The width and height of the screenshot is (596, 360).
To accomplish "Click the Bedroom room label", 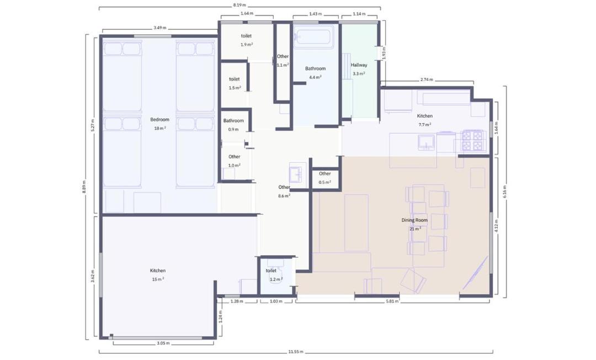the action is pyautogui.click(x=159, y=119).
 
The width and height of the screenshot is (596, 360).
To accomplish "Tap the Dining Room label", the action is pyautogui.click(x=414, y=220).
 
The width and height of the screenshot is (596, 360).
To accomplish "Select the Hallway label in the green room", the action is pyautogui.click(x=359, y=65).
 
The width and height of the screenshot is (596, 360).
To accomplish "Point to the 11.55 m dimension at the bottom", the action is pyautogui.click(x=296, y=352).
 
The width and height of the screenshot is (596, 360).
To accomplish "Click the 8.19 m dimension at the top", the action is pyautogui.click(x=240, y=5).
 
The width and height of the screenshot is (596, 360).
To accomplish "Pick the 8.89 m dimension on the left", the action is pyautogui.click(x=84, y=187).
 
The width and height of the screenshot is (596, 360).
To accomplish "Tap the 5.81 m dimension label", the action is pyautogui.click(x=392, y=301).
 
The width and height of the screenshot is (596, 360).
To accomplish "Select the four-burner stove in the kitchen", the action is pyautogui.click(x=473, y=141).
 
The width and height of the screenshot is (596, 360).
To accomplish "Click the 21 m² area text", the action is pyautogui.click(x=415, y=229).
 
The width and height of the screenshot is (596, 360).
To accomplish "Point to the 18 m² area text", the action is pyautogui.click(x=160, y=128).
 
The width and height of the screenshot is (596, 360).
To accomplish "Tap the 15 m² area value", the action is pyautogui.click(x=158, y=279).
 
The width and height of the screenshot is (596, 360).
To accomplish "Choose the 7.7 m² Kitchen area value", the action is pyautogui.click(x=425, y=125).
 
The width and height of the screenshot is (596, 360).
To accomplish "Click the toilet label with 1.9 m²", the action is pyautogui.click(x=246, y=36).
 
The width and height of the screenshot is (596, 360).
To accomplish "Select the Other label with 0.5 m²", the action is pyautogui.click(x=324, y=173).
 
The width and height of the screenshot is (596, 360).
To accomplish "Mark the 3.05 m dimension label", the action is pyautogui.click(x=163, y=343).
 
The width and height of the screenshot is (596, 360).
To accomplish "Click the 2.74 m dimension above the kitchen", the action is pyautogui.click(x=427, y=80).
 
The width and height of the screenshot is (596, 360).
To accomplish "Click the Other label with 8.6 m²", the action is pyautogui.click(x=284, y=187).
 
